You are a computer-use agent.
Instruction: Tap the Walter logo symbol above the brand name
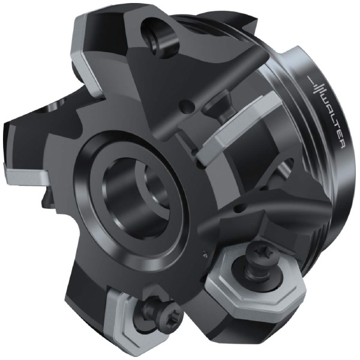coord(316,84)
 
